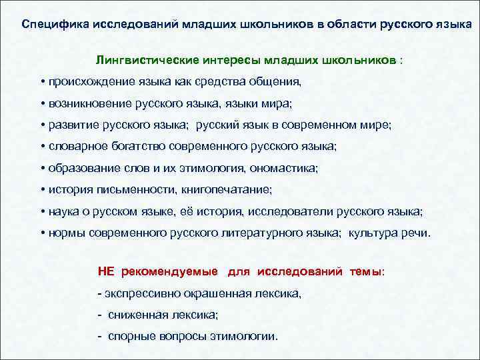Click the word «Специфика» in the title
[x=49, y=25]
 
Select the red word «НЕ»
[x=106, y=272]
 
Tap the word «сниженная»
[x=133, y=315]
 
